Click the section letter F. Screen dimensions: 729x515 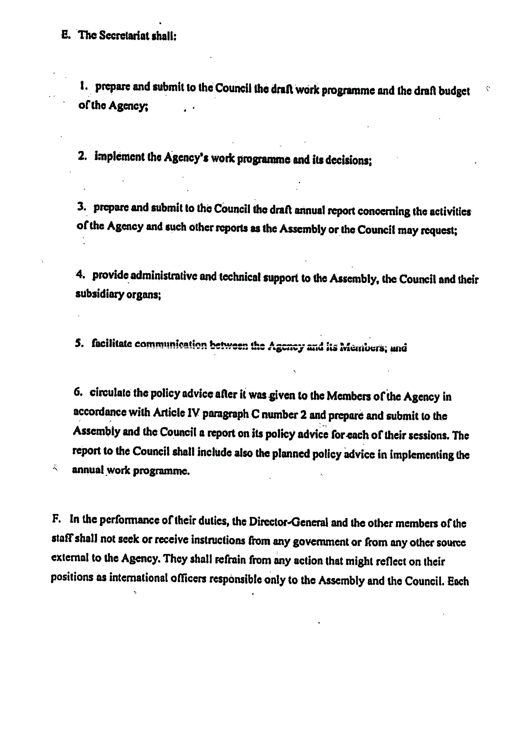pyautogui.click(x=56, y=519)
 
